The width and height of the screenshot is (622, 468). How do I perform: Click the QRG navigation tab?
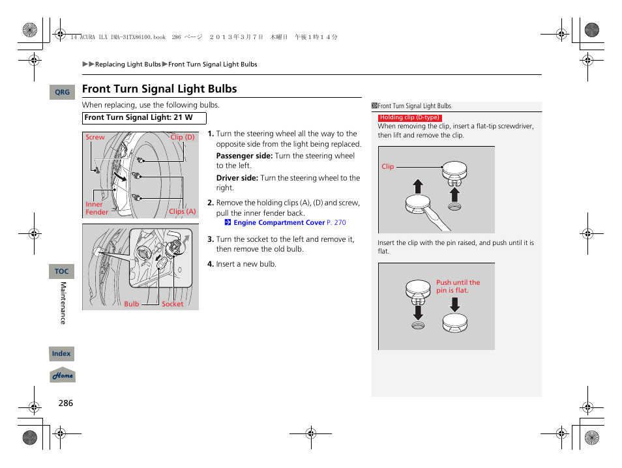tap(62, 93)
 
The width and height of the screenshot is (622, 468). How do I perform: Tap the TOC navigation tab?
tap(61, 271)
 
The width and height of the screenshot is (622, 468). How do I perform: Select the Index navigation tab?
tap(61, 353)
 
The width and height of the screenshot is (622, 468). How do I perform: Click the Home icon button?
tap(63, 375)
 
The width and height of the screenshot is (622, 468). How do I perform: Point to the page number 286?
tap(65, 403)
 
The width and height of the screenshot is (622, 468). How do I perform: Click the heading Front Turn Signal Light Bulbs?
tap(160, 89)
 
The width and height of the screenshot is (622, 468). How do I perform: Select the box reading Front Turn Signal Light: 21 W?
tap(143, 118)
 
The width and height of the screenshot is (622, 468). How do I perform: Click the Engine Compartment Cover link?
tap(278, 222)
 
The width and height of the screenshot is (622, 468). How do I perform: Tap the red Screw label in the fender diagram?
tap(95, 138)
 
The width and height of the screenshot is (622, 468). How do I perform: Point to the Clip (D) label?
tap(182, 138)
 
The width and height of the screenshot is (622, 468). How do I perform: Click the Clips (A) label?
tap(182, 211)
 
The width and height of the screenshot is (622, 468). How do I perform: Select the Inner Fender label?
tap(96, 208)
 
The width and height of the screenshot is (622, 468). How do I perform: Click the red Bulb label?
tap(132, 304)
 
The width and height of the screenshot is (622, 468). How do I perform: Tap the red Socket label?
tap(173, 304)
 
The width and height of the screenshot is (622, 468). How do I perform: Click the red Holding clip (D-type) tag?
tap(409, 117)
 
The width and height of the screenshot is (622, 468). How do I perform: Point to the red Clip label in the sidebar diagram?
tap(387, 167)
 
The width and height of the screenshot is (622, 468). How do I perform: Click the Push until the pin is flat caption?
tap(457, 286)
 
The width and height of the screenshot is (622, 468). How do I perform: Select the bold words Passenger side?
tap(244, 156)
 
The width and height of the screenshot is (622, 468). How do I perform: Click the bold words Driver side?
tap(237, 178)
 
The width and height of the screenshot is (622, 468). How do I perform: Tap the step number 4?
tap(211, 264)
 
